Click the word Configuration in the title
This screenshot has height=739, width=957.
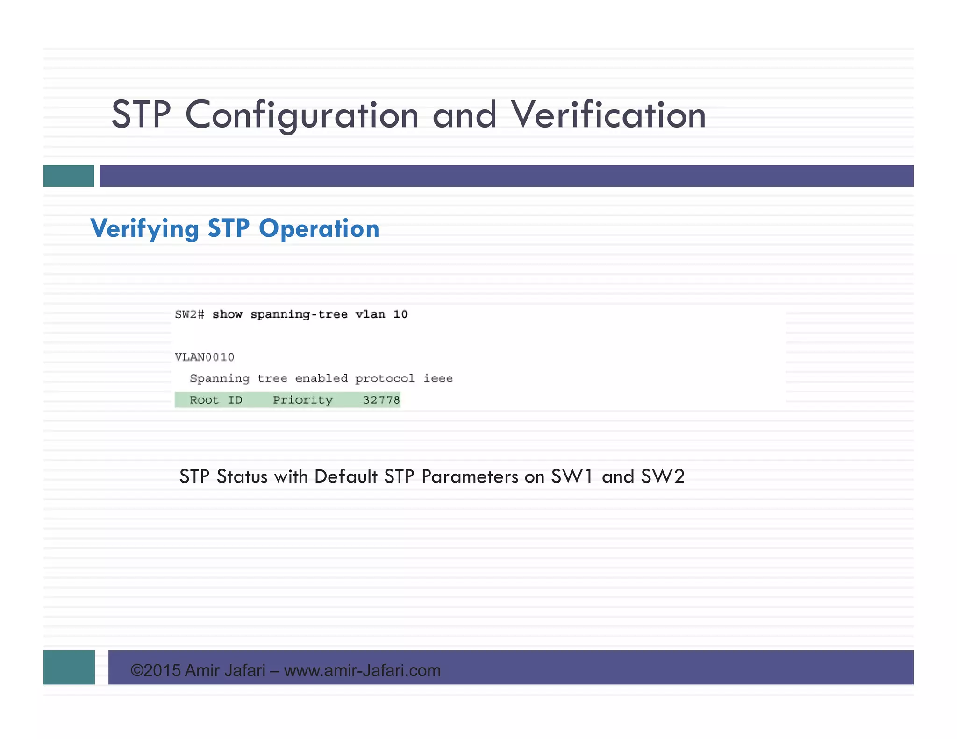coord(302,115)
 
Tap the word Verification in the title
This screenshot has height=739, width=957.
coord(608,115)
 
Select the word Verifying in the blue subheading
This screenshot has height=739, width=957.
coord(144,229)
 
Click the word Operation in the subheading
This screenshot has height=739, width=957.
coord(319,229)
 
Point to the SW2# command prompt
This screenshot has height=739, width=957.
coord(189,314)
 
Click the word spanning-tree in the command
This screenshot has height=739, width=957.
coord(299,314)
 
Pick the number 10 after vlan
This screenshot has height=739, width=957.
coord(400,314)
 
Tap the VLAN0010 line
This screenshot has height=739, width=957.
coord(204,357)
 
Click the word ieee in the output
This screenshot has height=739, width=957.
coord(438,378)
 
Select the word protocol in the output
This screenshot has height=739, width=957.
coord(385,378)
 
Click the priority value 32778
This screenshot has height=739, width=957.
coord(381,400)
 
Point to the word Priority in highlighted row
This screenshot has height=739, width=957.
coord(303,400)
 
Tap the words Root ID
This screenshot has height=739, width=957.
coord(216,400)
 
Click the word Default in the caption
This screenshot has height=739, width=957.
coord(346,476)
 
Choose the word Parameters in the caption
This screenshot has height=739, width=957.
coord(470,476)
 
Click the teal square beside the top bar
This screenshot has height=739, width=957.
coord(69,176)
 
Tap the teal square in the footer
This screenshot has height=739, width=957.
coord(69,667)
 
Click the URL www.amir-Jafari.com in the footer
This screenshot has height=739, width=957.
coord(362,671)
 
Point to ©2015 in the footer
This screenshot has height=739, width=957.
coord(156,671)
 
